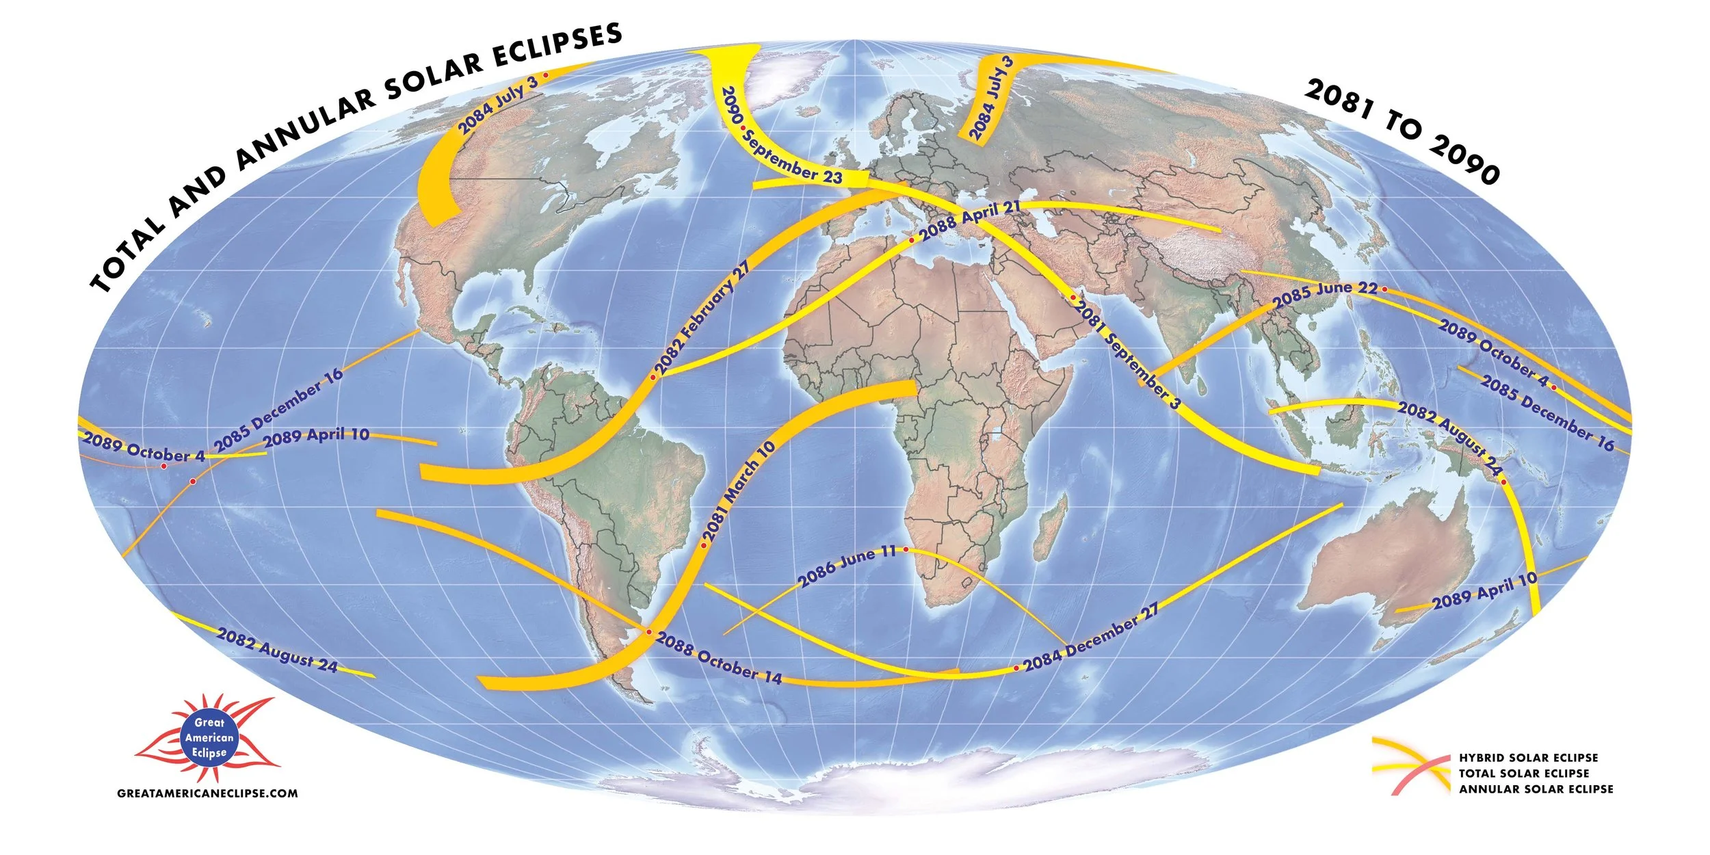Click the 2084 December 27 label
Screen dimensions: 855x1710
(1092, 637)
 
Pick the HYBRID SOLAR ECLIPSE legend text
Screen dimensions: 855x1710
(1528, 758)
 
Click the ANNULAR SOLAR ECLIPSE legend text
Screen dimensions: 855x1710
(1536, 789)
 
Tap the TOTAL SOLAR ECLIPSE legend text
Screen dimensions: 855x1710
(1524, 774)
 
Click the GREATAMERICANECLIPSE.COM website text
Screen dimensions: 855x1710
(207, 793)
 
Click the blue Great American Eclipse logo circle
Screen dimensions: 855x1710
(209, 737)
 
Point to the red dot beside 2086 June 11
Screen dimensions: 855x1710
(906, 549)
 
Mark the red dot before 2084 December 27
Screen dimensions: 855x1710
(1016, 668)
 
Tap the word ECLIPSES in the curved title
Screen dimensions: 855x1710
(556, 46)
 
